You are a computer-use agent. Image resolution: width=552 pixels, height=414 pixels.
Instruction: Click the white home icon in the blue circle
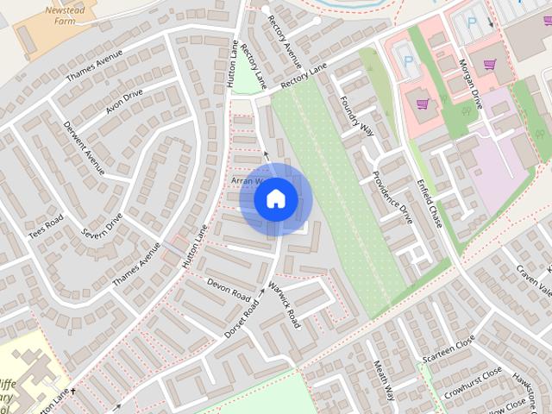(275, 199)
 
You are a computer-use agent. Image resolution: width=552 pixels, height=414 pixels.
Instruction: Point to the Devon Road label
(228, 288)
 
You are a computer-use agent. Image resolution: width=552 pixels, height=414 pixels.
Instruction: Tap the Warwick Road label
(283, 304)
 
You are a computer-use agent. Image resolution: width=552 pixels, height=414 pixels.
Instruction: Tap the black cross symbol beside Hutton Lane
(73, 392)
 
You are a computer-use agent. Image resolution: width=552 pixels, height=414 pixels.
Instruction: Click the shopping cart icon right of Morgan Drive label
(491, 64)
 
